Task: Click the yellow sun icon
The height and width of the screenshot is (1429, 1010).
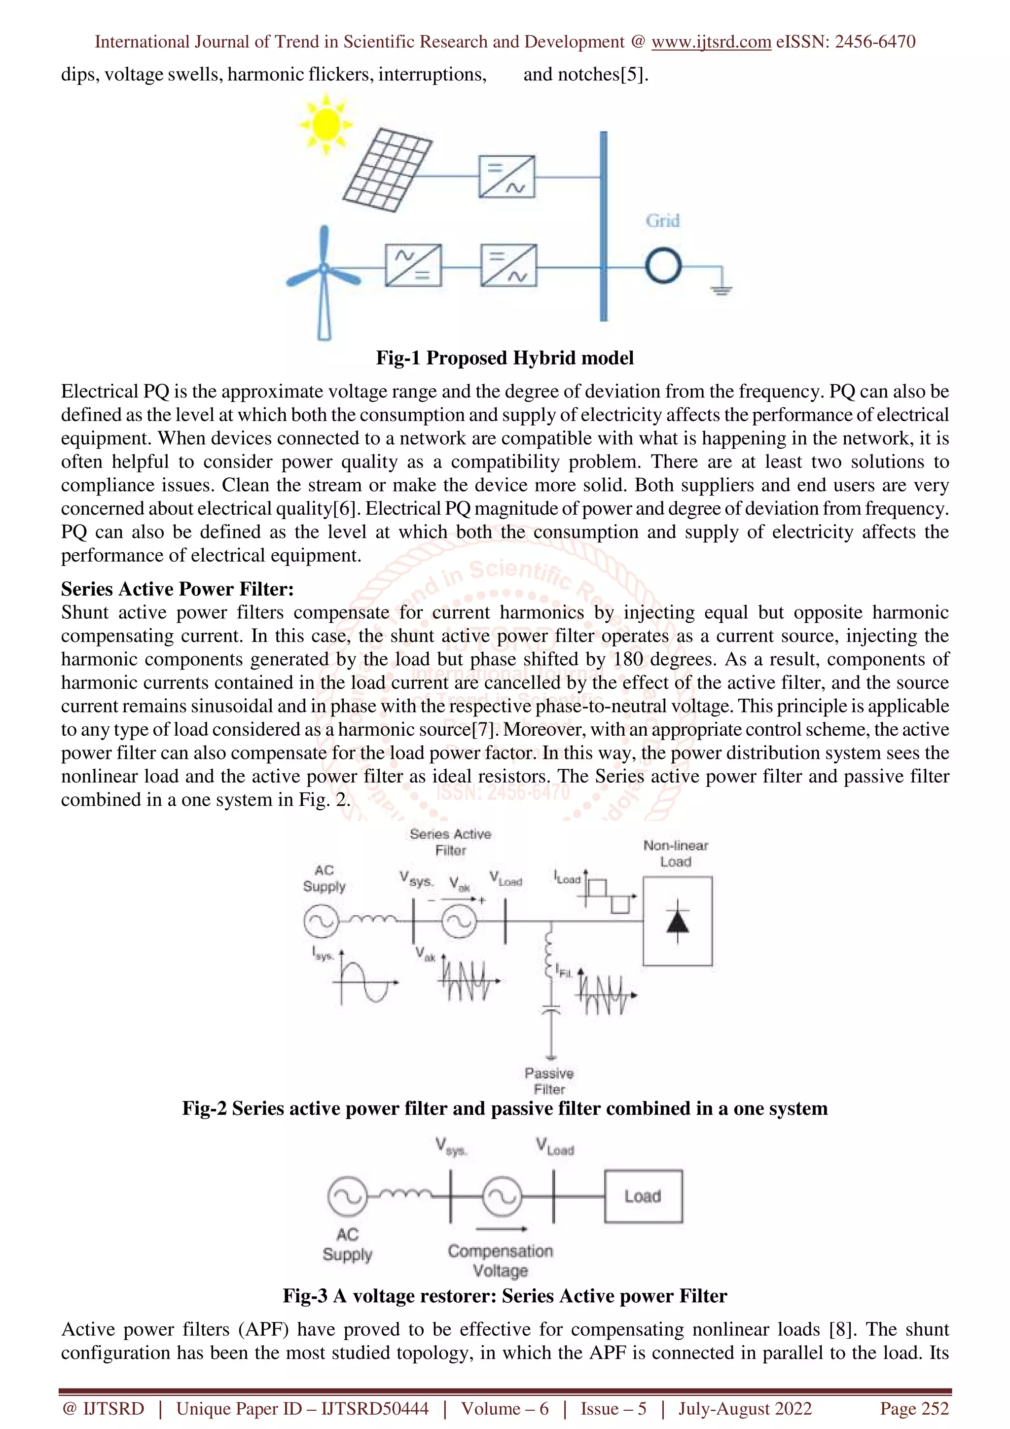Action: (x=325, y=124)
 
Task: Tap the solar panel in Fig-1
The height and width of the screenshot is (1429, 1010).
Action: (x=387, y=169)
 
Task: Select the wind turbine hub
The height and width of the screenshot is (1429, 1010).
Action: (x=324, y=268)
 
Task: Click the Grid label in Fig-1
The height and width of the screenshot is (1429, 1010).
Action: (x=662, y=221)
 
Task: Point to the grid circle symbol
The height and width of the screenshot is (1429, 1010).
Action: (x=663, y=266)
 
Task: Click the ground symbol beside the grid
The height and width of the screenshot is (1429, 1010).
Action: (x=721, y=287)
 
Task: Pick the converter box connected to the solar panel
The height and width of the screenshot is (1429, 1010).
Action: (x=506, y=177)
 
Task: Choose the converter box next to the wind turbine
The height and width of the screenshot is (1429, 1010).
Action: (x=413, y=265)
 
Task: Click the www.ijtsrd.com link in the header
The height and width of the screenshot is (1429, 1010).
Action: (x=711, y=42)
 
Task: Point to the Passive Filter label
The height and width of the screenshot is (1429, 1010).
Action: (x=549, y=1081)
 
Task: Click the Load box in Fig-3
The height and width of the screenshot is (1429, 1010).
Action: (x=643, y=1196)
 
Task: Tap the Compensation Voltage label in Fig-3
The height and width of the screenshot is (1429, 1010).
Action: (x=501, y=1260)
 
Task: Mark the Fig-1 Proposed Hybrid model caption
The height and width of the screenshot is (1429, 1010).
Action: (x=505, y=358)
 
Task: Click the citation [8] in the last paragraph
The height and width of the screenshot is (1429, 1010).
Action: (x=840, y=1329)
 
